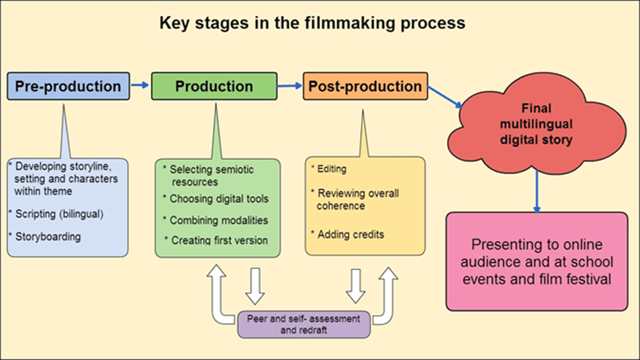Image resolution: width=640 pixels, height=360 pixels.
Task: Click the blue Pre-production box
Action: tap(68, 86)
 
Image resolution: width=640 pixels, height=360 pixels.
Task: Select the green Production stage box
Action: tap(214, 86)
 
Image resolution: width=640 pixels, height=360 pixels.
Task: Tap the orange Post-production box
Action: tap(364, 86)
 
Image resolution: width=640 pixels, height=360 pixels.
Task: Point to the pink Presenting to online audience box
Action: tap(536, 261)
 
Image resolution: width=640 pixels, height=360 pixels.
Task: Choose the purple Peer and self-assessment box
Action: tap(304, 324)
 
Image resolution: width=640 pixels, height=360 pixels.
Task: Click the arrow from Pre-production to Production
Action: tap(140, 85)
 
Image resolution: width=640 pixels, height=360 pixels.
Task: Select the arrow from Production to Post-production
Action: tap(289, 86)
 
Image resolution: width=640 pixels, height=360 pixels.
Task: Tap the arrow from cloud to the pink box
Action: tap(537, 190)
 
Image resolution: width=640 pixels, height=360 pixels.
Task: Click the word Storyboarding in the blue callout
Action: tap(48, 237)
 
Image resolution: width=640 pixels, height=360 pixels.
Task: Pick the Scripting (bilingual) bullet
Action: tap(57, 213)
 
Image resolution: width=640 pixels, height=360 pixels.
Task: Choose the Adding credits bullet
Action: tap(350, 234)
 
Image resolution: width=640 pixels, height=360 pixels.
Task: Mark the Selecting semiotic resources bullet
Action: tap(211, 175)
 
